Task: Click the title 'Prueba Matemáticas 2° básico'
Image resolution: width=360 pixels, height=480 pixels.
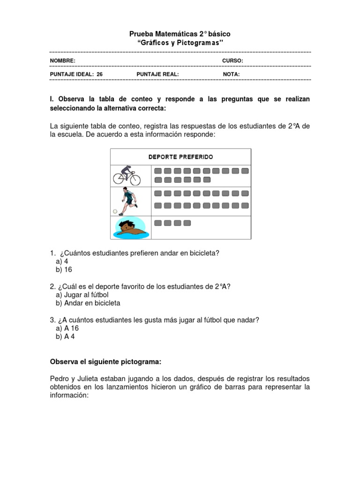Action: pyautogui.click(x=180, y=34)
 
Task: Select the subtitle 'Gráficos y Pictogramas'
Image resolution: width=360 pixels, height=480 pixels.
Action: pyautogui.click(x=180, y=43)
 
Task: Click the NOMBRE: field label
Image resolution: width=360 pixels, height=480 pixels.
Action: pyautogui.click(x=62, y=61)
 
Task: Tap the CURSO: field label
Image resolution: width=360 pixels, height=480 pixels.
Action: pyautogui.click(x=232, y=61)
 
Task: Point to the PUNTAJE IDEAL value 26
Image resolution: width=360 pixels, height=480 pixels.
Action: pyautogui.click(x=99, y=74)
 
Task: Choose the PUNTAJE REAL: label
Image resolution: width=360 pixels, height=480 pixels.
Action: pyautogui.click(x=157, y=74)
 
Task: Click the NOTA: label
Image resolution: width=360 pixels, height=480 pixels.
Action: pyautogui.click(x=231, y=74)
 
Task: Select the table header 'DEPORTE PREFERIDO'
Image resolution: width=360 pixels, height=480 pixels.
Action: pyautogui.click(x=180, y=157)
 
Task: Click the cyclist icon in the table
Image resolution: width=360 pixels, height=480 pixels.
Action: pyautogui.click(x=127, y=176)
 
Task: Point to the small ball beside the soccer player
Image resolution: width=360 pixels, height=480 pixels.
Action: pyautogui.click(x=115, y=211)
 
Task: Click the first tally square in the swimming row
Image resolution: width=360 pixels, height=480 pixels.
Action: pyautogui.click(x=158, y=223)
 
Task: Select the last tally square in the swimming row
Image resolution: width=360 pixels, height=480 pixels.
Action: pyautogui.click(x=187, y=223)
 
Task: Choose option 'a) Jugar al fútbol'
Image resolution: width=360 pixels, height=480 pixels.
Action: pyautogui.click(x=82, y=295)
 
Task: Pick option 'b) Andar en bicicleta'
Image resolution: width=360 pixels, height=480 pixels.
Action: pyautogui.click(x=88, y=303)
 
